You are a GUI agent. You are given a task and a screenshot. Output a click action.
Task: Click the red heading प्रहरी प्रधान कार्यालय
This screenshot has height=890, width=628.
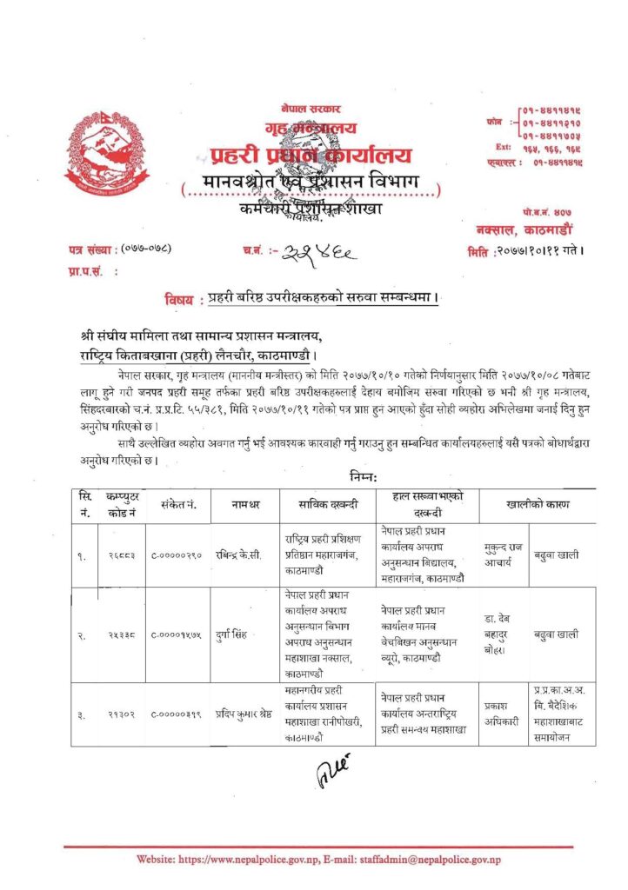[x=310, y=157]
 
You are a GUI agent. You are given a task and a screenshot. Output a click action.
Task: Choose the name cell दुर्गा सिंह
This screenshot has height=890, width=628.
[x=235, y=634]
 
